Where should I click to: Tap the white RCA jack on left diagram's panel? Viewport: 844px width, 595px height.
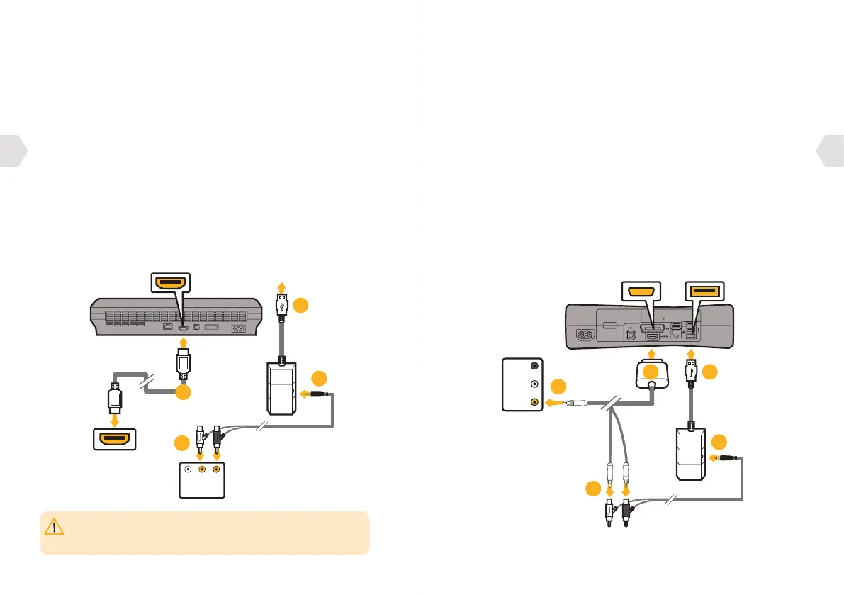tap(187, 469)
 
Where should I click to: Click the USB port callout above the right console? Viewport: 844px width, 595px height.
tap(704, 291)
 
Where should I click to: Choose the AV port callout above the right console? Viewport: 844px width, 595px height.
tap(640, 291)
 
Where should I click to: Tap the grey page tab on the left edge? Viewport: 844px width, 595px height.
tap(13, 150)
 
